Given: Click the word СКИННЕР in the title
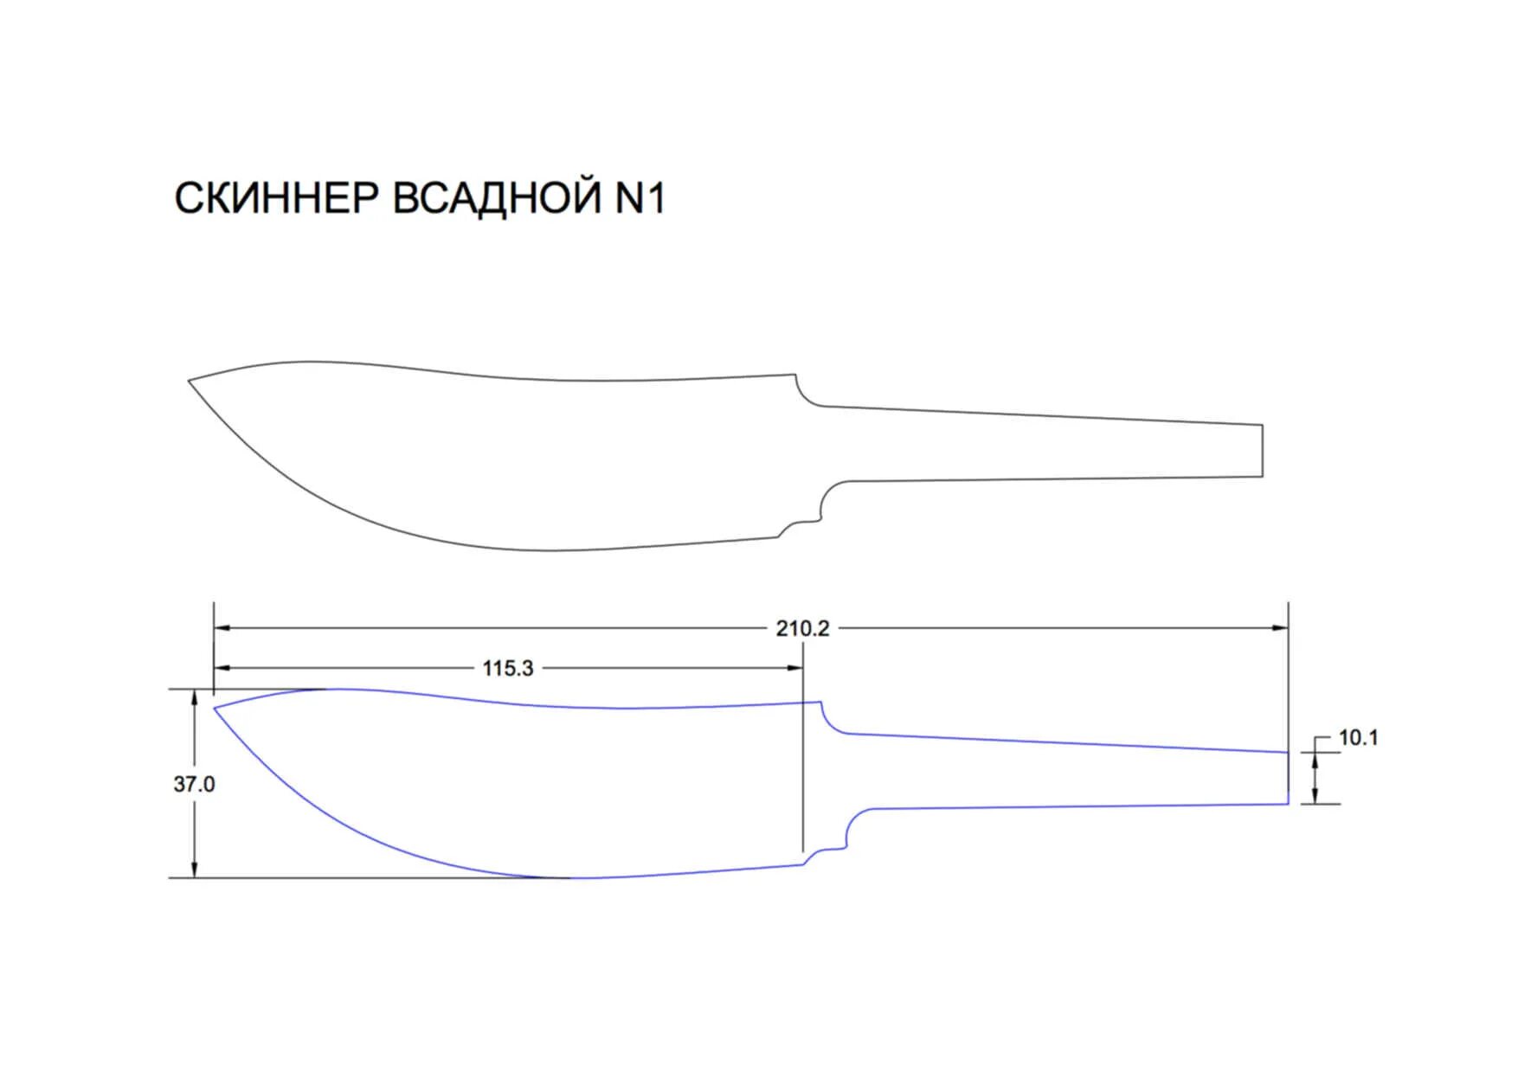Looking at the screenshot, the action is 277,199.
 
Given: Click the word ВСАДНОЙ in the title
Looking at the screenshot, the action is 497,199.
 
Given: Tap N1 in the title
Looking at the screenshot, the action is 640,199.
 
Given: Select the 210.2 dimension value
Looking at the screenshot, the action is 802,628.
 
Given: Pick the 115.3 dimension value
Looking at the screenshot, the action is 508,668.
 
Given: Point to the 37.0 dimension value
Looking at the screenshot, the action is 194,784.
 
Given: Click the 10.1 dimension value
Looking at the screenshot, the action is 1358,738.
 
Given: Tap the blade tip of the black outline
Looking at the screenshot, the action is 190,381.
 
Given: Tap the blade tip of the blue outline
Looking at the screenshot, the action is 215,709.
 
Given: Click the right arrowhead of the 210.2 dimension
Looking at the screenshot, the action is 1281,628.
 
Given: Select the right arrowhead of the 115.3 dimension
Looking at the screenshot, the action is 795,668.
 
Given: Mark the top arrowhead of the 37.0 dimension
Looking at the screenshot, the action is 195,696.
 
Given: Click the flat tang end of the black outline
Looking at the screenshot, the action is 1263,451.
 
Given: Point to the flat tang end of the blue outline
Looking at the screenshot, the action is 1288,778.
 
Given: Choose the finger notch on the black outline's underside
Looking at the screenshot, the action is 801,523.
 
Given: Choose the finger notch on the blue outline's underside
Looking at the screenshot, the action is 827,850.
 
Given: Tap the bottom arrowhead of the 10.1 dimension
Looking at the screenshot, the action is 1315,797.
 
